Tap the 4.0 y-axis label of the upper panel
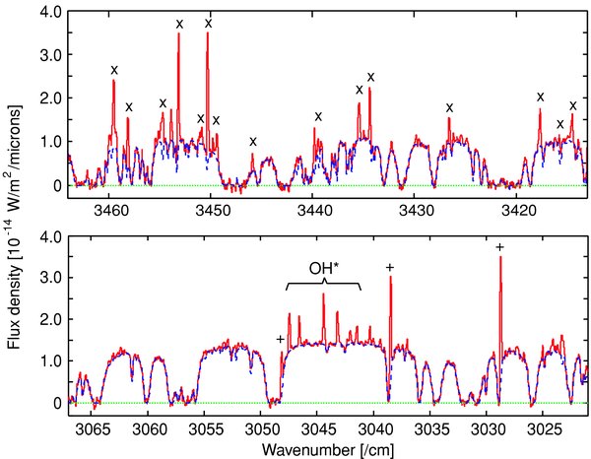(x=47, y=12)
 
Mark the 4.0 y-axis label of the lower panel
(x=47, y=235)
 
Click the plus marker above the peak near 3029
(x=500, y=247)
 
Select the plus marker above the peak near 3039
(x=390, y=267)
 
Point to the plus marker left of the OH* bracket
(x=281, y=339)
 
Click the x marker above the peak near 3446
(x=253, y=142)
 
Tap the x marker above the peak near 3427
(x=449, y=107)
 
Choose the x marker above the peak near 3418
(x=540, y=97)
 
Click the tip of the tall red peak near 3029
(x=500, y=257)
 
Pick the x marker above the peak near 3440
(x=317, y=116)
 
